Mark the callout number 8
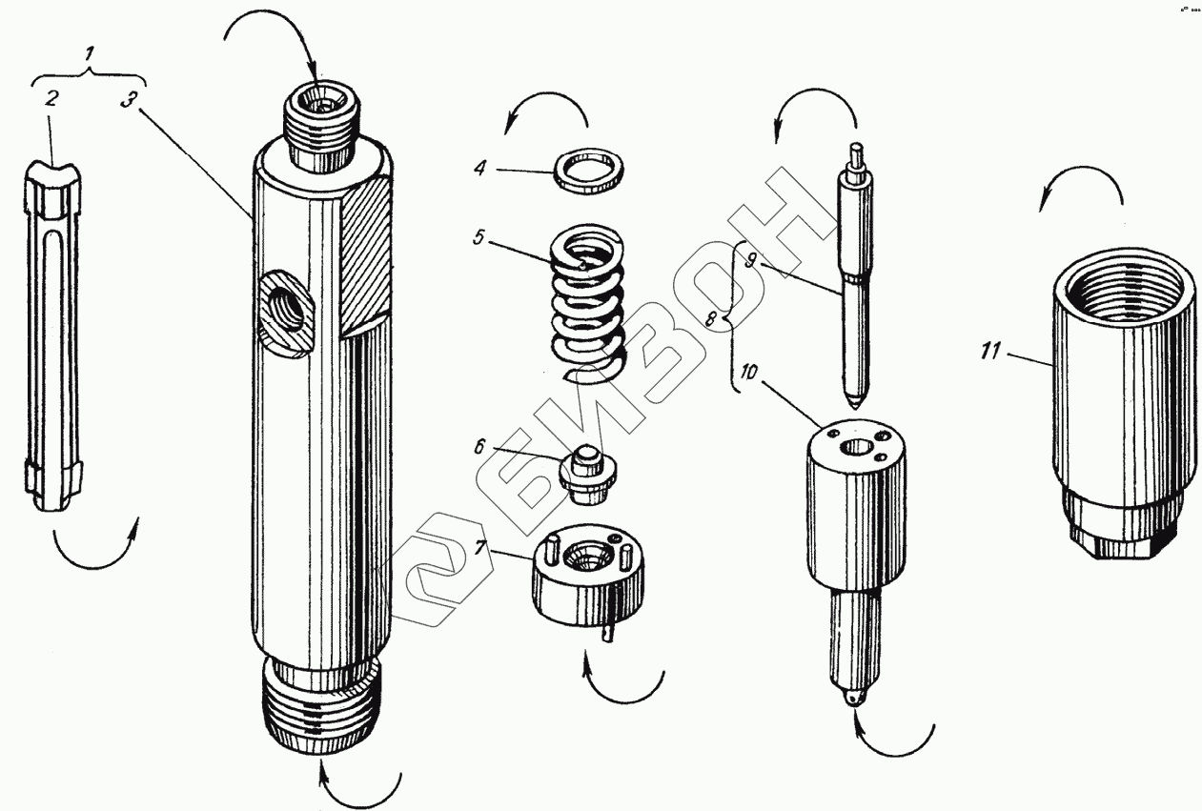(710, 320)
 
